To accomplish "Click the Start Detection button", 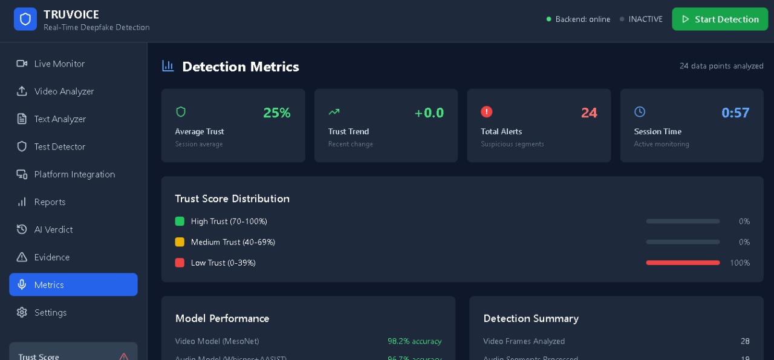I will tap(720, 19).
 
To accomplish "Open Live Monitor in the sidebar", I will tap(59, 64).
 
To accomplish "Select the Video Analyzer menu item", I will tap(63, 91).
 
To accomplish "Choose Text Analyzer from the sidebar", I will tap(60, 119).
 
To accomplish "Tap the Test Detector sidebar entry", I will tap(59, 146).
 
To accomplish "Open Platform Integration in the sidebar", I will tap(74, 174).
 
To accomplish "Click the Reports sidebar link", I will tap(50, 202).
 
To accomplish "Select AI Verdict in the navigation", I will tap(53, 229).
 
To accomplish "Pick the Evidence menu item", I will tap(51, 257).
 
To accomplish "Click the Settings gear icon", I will tap(22, 312).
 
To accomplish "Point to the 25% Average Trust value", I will tap(277, 113).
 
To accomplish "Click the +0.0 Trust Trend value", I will tap(429, 113).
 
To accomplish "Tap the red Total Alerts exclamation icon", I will tap(486, 111).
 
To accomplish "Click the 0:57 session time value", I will tap(735, 113).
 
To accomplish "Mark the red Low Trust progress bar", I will tap(683, 263).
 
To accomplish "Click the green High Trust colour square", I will tap(180, 221).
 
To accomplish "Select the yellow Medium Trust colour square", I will tap(180, 242).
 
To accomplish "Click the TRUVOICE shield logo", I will tap(25, 19).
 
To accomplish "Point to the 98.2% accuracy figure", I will tap(414, 341).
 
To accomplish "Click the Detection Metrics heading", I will tap(240, 67).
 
